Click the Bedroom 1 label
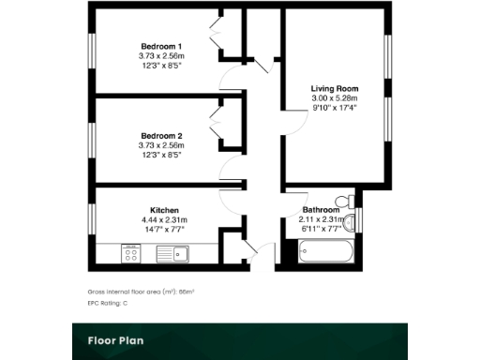tap(160, 46)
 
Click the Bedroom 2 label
tap(160, 137)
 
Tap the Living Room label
tap(335, 89)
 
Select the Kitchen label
tap(164, 210)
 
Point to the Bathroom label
tap(321, 210)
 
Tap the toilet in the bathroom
tap(350, 201)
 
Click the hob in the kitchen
tap(130, 252)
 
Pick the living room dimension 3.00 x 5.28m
tap(335, 98)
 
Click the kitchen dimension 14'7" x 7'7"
tap(164, 228)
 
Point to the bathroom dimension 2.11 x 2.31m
tap(322, 219)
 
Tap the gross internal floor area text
tap(140, 292)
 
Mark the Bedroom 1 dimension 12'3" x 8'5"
tap(160, 65)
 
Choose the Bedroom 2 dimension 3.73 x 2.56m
tap(160, 145)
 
